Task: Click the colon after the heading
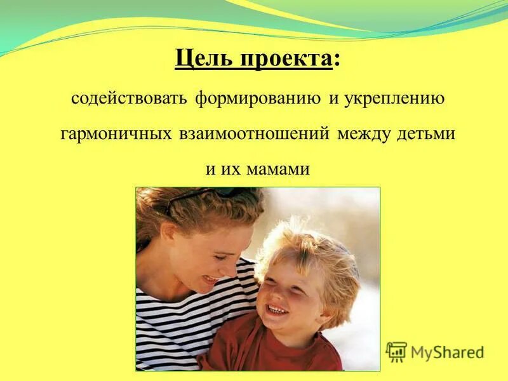pos(336,61)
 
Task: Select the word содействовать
pos(128,100)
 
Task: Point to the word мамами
pos(280,169)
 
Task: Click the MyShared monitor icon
pos(396,352)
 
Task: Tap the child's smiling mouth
pos(277,309)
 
